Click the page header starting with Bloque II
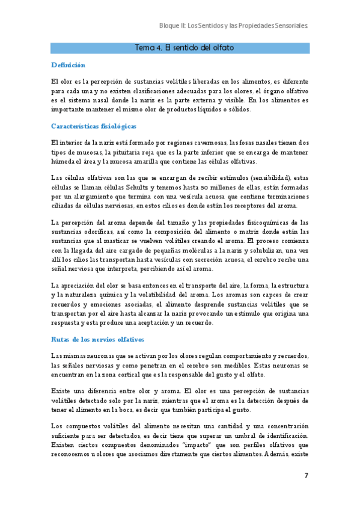click(233, 26)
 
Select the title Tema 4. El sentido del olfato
click(185, 48)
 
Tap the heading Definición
click(68, 65)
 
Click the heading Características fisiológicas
click(94, 126)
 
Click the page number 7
click(306, 476)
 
